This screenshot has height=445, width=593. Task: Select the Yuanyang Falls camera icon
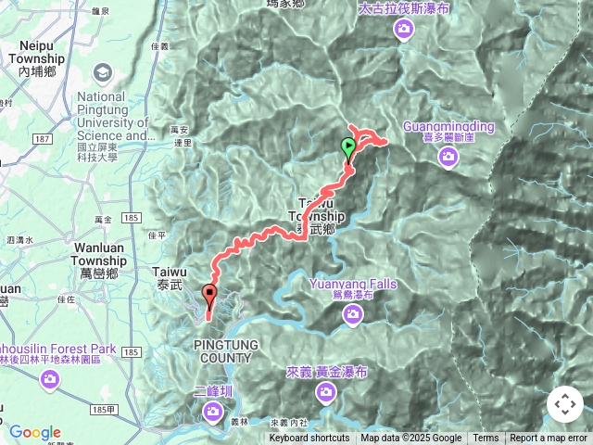(x=353, y=316)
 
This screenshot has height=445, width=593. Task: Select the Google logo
(x=34, y=432)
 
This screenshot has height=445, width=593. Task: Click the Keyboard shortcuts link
(x=309, y=439)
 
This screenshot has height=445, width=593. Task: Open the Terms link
(x=486, y=439)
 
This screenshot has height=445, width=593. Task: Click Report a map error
(x=549, y=439)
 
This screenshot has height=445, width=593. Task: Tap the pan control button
(x=565, y=404)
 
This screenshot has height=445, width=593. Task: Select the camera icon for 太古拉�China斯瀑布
(x=403, y=30)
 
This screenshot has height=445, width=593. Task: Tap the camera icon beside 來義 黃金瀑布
(x=326, y=394)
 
